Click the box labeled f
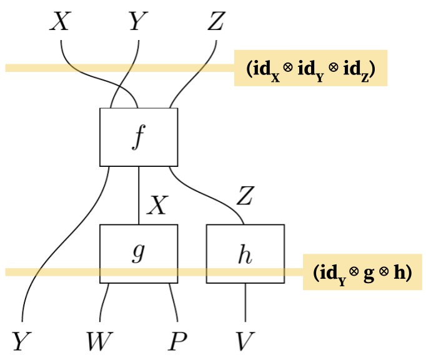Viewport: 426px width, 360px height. [139, 137]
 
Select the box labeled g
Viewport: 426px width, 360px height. [139, 253]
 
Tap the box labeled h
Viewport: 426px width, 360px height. [245, 253]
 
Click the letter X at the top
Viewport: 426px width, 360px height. [60, 22]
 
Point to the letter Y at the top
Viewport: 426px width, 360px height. [138, 22]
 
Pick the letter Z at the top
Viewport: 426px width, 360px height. [215, 22]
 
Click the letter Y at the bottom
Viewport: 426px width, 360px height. [21, 342]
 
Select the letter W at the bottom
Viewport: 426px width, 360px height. [100, 342]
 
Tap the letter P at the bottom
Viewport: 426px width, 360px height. [178, 342]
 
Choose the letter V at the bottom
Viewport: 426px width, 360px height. [245, 342]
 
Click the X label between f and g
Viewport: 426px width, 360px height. [157, 204]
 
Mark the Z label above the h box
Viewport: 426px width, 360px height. [245, 196]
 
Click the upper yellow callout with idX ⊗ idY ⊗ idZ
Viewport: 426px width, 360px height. [310, 67]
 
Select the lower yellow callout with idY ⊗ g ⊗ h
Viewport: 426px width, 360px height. [362, 272]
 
